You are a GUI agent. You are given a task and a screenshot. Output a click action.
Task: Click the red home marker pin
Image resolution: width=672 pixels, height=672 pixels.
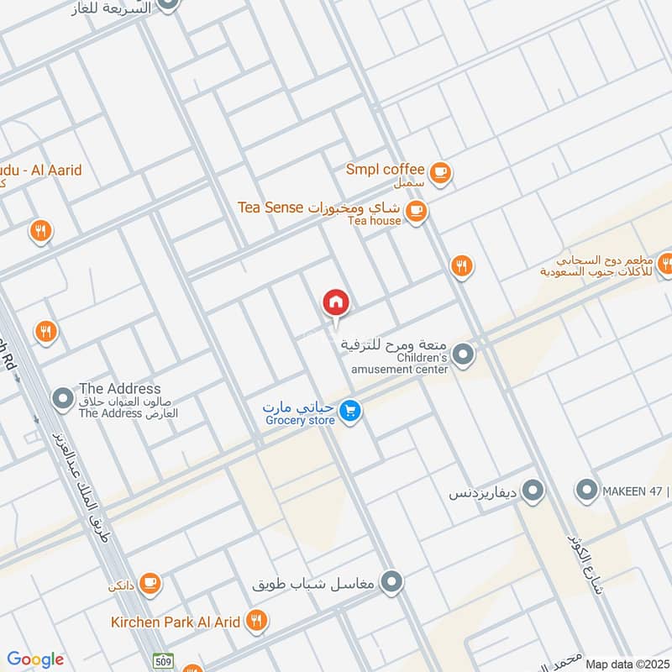pos(336,302)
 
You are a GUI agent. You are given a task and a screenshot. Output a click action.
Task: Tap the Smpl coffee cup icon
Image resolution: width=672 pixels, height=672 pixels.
pos(440,172)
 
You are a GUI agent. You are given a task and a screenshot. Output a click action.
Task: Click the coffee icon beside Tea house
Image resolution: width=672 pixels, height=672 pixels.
pos(415,210)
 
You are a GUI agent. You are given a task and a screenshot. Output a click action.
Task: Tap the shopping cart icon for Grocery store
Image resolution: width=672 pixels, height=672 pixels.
pos(350,411)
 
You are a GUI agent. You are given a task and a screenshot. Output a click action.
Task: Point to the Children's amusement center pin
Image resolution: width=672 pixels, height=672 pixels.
pos(465,355)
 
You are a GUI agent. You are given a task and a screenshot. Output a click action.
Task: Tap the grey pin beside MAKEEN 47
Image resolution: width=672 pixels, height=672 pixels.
pos(585,489)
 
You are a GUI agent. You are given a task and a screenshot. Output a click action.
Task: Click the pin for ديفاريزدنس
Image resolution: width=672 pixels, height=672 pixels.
pos(532,491)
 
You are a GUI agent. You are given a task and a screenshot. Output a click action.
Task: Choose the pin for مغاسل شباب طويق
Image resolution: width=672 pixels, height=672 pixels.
pos(391,581)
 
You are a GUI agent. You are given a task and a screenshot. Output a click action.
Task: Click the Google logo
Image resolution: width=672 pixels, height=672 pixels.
pos(35,659)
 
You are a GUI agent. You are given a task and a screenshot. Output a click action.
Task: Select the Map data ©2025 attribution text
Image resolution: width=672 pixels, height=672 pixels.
pos(627,664)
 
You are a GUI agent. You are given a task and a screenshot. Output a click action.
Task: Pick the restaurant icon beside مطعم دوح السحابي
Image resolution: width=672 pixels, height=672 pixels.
pos(664,265)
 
